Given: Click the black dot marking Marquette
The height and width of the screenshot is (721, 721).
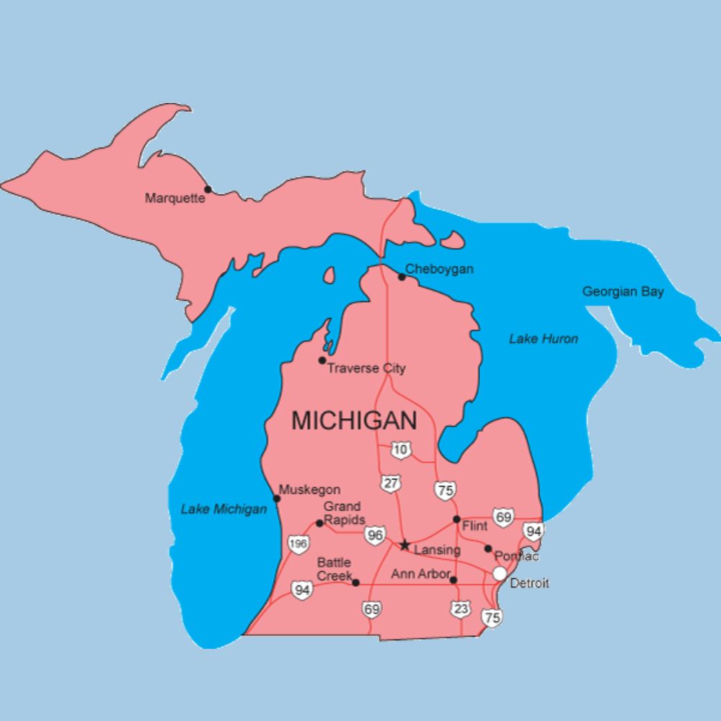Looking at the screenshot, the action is coord(208,190).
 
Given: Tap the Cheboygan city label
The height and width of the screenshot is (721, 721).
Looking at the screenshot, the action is coord(439,269).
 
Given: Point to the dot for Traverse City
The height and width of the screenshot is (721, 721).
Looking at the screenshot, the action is coord(322,360).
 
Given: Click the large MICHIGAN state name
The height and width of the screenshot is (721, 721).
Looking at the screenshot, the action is coord(354,420).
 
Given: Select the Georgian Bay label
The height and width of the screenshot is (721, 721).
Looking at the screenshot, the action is coord(623,292).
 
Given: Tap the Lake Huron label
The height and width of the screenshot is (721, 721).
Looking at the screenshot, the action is coord(543,338).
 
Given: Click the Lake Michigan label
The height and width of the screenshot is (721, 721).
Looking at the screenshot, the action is coord(224,509).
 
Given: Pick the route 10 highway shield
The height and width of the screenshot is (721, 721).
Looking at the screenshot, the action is coord(402,450).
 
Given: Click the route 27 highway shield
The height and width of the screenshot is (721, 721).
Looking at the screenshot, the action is coord(390,483).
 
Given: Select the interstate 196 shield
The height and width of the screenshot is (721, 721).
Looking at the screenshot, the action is coord(298,544).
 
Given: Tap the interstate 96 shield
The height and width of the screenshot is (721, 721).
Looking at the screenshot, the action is coord(374,534).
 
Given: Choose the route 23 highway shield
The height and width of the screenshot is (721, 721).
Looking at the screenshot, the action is coord(461,609).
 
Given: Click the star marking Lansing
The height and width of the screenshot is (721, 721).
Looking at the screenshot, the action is coord(405,545).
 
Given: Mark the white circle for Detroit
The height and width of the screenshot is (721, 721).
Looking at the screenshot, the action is coord(499,573).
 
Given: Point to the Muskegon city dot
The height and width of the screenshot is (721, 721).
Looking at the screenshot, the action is coord(276,498).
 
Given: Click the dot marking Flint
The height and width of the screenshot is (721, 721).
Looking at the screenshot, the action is coord(456,519).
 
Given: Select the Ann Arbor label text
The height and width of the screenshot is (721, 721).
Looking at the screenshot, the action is coord(420,575).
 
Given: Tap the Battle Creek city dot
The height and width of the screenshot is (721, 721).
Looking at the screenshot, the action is coord(355,582).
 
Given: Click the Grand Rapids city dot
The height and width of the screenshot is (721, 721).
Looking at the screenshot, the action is coord(319,523).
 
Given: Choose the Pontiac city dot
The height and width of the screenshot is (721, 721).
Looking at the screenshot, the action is coord(488,549).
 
